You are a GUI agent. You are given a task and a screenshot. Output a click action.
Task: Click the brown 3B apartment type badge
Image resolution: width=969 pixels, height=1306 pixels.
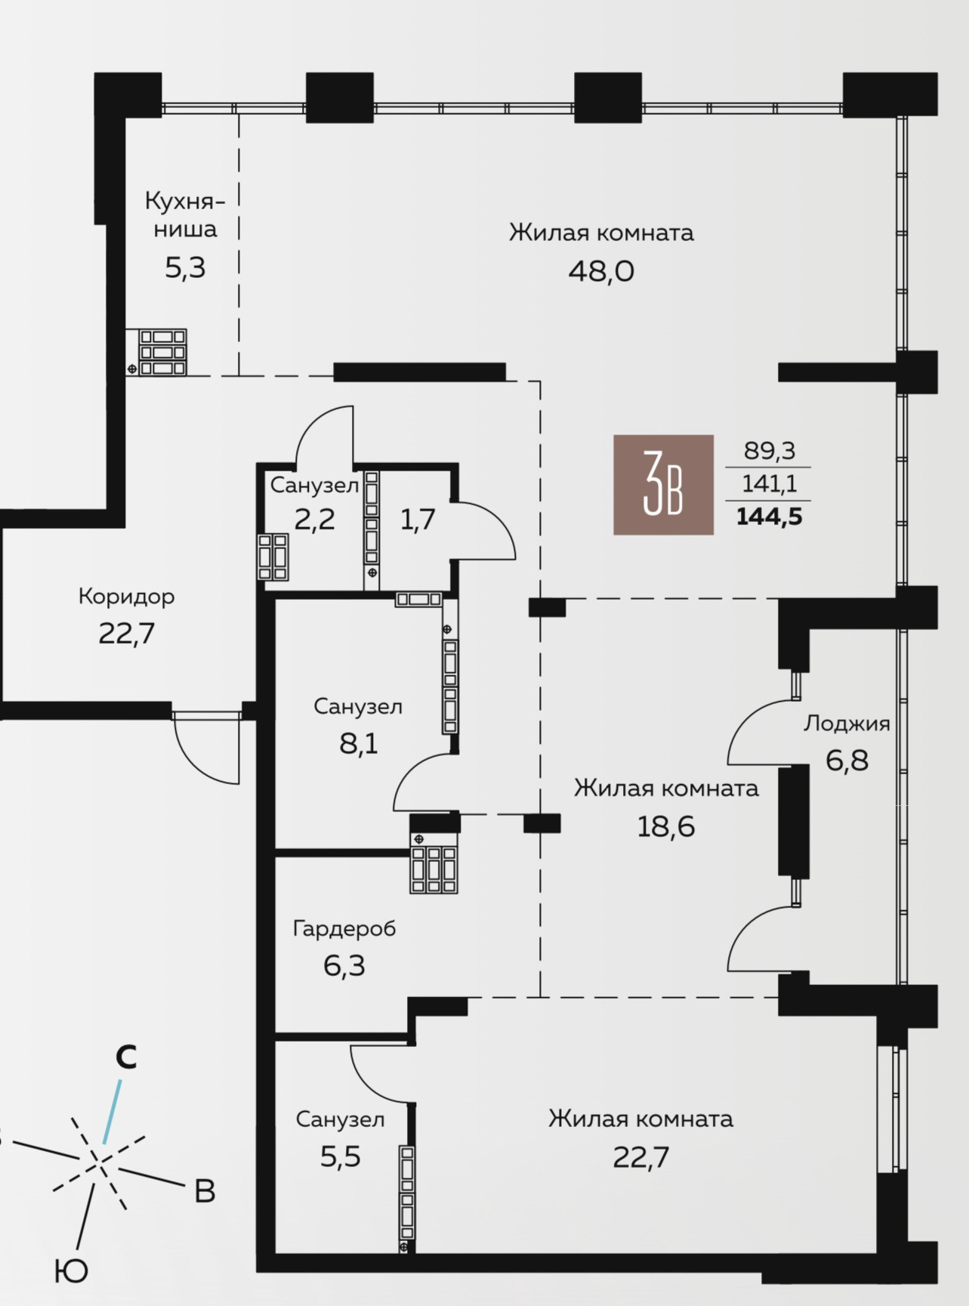coord(663,485)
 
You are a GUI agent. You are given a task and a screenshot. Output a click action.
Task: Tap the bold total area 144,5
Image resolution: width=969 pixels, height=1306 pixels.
coord(769,517)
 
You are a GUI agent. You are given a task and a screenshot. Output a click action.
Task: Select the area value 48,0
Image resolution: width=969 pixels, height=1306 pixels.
coord(601,271)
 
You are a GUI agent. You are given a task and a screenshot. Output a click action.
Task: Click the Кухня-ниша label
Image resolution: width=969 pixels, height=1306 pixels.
coord(185,215)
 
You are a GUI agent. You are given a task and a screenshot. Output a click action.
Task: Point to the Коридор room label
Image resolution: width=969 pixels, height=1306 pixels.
coord(126,597)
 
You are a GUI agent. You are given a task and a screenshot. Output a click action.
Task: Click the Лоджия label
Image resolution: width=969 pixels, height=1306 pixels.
coord(847,724)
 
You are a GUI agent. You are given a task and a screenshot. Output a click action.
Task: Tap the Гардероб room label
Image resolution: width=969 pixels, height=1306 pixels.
coord(344,928)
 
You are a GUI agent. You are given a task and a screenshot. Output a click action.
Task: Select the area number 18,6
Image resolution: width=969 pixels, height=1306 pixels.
coord(666,827)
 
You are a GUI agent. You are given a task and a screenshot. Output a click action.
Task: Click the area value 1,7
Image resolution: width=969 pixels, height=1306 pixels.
coord(418,520)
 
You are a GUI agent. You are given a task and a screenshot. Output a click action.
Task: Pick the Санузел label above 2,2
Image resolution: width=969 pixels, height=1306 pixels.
coord(314,485)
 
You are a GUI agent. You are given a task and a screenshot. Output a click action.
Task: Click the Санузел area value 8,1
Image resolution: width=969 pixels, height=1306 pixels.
coord(358,744)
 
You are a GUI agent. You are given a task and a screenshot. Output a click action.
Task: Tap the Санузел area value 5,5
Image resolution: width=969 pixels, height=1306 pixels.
coord(341,1156)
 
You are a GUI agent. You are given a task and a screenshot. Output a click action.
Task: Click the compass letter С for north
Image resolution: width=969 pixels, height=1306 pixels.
coord(126,1057)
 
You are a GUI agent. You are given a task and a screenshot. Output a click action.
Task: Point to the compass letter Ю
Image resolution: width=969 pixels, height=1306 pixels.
coord(71,1272)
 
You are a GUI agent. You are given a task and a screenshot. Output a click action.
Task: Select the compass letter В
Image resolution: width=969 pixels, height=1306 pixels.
coord(205,1191)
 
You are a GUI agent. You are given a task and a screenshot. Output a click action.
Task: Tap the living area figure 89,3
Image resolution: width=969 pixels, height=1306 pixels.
coord(770,451)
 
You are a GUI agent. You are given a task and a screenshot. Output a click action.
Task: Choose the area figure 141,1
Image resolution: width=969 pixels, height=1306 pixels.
coord(770,483)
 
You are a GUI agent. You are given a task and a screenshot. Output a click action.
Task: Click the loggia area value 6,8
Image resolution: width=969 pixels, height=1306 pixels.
coord(847,761)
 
